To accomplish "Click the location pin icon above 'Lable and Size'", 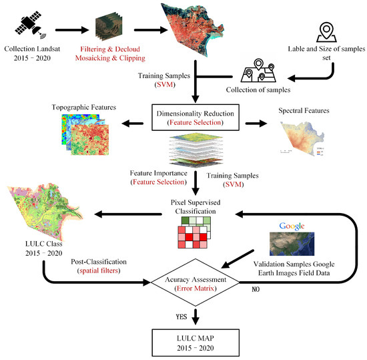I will (x=326, y=32).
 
